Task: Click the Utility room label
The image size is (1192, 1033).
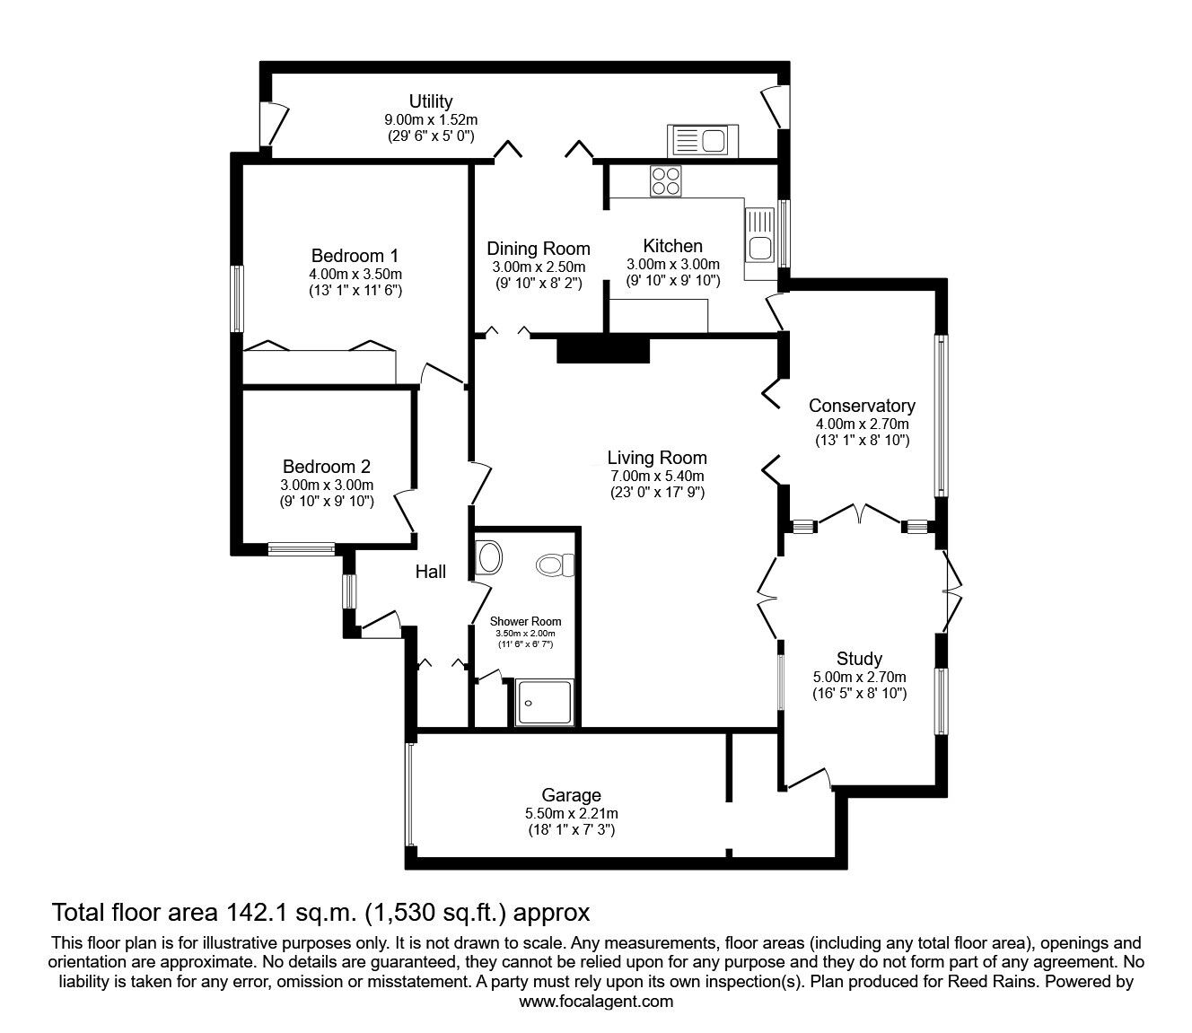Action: (x=431, y=101)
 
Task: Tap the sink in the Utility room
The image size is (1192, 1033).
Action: (x=703, y=140)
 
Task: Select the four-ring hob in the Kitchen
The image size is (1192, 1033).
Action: (x=665, y=180)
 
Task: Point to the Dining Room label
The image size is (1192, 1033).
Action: (x=538, y=249)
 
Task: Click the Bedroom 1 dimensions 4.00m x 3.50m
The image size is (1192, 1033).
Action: (x=355, y=274)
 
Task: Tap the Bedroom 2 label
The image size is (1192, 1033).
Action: (x=327, y=466)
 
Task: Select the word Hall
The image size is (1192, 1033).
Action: (x=431, y=572)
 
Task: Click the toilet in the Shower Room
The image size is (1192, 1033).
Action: (x=555, y=565)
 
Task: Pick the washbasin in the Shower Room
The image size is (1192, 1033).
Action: (x=488, y=557)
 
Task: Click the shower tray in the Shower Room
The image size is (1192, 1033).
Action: (x=544, y=702)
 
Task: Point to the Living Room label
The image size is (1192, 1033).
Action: (x=657, y=458)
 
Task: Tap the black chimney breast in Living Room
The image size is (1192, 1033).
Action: (x=603, y=350)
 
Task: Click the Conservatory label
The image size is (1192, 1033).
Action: (x=862, y=406)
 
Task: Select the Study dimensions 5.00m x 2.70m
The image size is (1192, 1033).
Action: (x=859, y=677)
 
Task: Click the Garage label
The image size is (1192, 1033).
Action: (x=571, y=795)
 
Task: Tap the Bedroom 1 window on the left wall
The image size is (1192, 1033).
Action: (x=237, y=299)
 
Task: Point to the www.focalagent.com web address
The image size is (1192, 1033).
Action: (x=596, y=1001)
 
